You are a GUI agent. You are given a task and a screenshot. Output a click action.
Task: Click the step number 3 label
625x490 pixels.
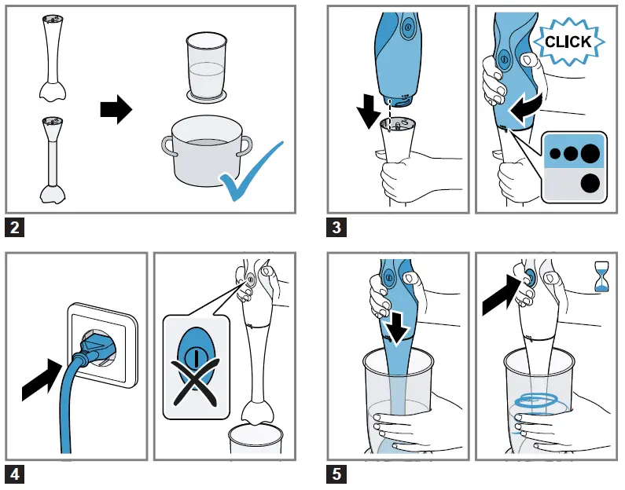click(336, 229)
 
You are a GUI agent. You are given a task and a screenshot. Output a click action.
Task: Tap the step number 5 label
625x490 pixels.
click(336, 474)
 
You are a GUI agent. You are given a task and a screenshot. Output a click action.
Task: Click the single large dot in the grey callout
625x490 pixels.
click(588, 184)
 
